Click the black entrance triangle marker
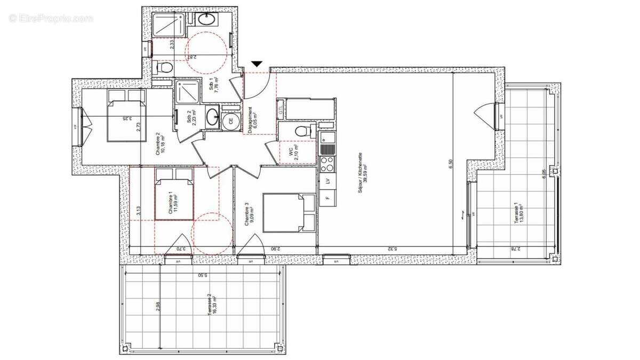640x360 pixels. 257,63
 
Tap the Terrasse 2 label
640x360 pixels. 211,306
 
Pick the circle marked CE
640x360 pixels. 231,121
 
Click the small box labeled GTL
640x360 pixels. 281,110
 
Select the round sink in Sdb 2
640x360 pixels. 212,116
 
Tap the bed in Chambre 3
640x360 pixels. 289,213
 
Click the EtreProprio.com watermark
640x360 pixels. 51,18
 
